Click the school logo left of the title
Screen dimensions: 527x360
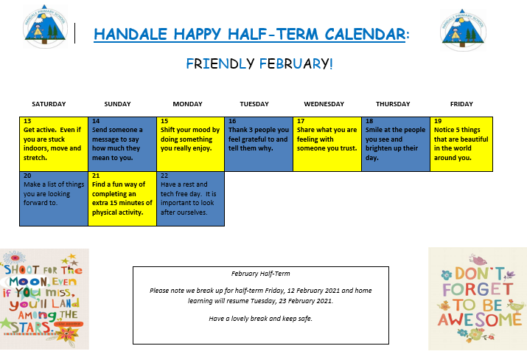(45, 27)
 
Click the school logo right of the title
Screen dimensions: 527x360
(463, 30)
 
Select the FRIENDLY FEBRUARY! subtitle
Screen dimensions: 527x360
(259, 63)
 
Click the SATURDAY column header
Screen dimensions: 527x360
(49, 104)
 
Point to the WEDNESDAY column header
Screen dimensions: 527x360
(324, 104)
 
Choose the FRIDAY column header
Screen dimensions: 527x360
(461, 104)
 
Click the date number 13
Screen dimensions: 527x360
(27, 121)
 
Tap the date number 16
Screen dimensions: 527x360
(232, 121)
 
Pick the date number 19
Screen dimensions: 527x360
(438, 121)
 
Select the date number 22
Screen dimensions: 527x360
(164, 176)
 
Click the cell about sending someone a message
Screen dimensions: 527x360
(122, 144)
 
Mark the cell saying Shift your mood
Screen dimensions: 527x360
(191, 144)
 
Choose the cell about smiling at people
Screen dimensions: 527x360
(396, 144)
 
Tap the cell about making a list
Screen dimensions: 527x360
(54, 198)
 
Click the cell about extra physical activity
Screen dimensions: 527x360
(122, 198)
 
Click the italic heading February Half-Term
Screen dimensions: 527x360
(260, 274)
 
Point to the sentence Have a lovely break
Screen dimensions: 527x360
(260, 318)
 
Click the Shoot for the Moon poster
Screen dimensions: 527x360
(44, 299)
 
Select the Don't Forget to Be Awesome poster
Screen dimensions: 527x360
(478, 299)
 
